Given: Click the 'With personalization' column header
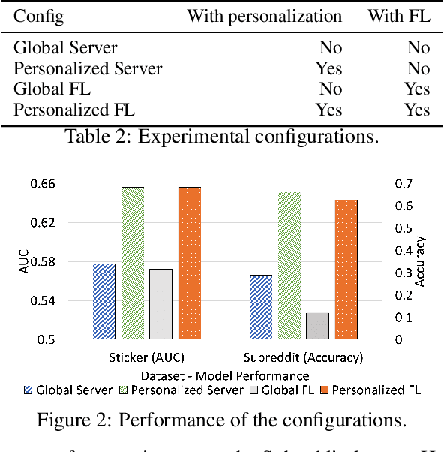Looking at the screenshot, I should tap(264, 16).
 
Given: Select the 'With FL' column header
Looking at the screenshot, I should tap(398, 16).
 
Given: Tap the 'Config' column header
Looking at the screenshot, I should tap(39, 16).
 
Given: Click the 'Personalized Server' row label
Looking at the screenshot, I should tap(88, 69).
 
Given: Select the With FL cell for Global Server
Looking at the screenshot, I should tap(418, 48).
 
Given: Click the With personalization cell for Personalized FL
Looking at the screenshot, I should tap(328, 110).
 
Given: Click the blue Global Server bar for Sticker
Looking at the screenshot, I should tap(104, 301).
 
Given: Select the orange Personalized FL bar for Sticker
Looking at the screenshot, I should tap(189, 263).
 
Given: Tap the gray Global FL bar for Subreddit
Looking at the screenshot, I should tap(317, 326).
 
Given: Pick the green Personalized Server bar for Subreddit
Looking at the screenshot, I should tap(289, 266).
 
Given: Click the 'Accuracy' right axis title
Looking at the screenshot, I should tap(421, 261).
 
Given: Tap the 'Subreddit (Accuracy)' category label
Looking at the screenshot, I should tap(304, 357).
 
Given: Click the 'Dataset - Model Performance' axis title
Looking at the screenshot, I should tap(224, 374).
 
